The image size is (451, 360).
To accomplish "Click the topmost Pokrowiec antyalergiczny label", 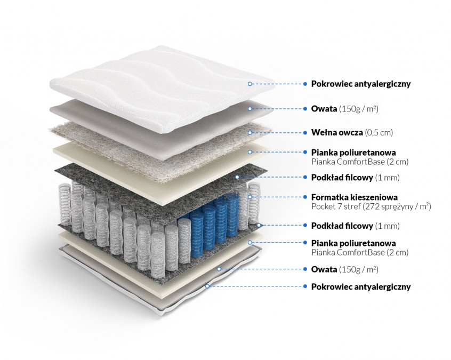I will tap(361, 84).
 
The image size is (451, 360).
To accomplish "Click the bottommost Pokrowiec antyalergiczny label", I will tap(361, 286).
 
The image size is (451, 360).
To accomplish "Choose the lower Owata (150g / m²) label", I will tap(344, 269).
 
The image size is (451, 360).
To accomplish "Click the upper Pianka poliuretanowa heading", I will tap(353, 152).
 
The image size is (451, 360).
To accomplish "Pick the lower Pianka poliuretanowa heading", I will tap(353, 243).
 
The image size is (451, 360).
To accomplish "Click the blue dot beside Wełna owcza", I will tap(305, 132).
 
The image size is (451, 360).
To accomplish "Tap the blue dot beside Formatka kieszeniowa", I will tap(305, 197).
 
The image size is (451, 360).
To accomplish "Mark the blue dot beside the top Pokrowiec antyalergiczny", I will tap(305, 84).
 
